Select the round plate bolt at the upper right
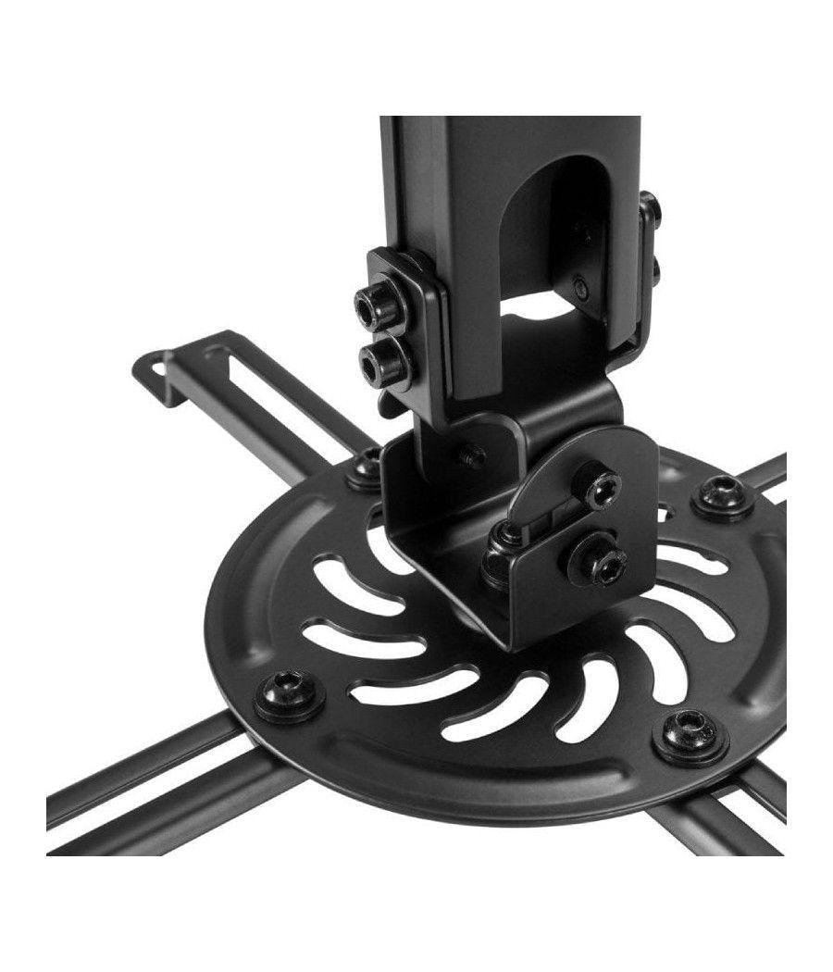[720, 494]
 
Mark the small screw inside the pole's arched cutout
[579, 284]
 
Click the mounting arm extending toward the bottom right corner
[740, 815]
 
